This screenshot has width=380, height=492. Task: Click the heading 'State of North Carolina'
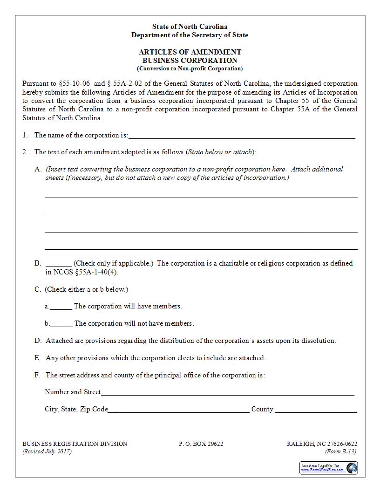click(190, 27)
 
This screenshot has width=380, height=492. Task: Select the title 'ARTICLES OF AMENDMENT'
click(190, 52)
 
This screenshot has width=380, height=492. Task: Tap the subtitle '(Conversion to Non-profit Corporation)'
click(190, 68)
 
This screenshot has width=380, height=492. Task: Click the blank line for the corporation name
click(241, 136)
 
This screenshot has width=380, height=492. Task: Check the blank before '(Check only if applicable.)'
click(58, 264)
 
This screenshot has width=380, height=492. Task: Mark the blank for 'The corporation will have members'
click(61, 307)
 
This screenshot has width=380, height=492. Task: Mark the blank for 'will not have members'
click(61, 324)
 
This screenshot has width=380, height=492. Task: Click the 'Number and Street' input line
click(227, 393)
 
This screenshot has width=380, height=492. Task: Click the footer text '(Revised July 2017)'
click(47, 451)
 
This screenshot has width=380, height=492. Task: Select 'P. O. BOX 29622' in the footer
click(201, 444)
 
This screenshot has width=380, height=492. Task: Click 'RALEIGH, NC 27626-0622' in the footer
click(322, 444)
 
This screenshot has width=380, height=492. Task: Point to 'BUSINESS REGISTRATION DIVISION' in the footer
click(75, 444)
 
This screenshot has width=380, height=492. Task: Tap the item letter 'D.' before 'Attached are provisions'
click(38, 341)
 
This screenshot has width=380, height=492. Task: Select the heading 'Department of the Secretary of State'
click(190, 35)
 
